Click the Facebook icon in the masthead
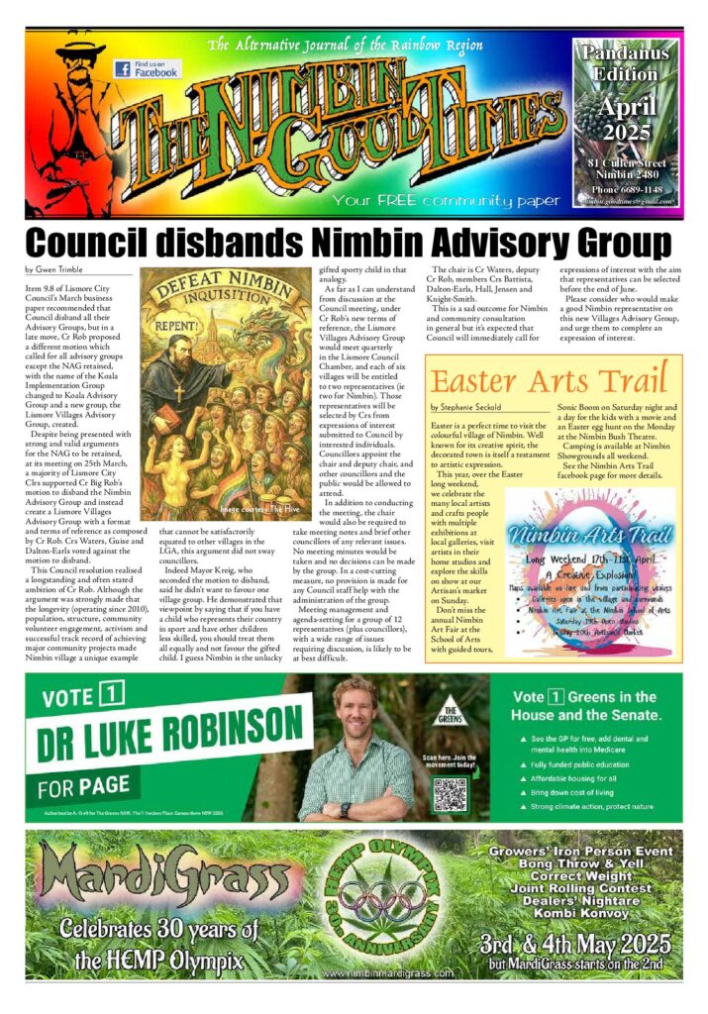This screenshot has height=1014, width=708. pyautogui.click(x=123, y=69)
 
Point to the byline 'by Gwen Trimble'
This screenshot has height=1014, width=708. pyautogui.click(x=53, y=269)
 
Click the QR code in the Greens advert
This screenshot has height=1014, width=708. pyautogui.click(x=450, y=793)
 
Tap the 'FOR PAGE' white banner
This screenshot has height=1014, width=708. pyautogui.click(x=83, y=786)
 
